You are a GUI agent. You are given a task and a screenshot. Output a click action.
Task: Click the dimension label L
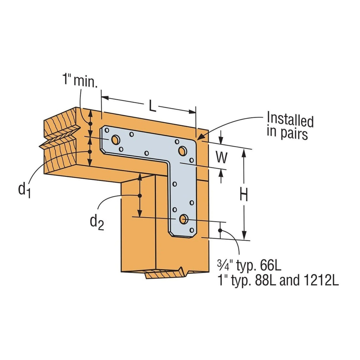click(152, 107)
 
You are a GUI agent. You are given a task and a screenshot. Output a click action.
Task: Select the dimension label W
click(221, 158)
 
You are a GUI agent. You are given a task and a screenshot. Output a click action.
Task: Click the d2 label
click(97, 222)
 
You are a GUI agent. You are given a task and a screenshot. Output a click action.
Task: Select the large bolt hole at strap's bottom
click(183, 219)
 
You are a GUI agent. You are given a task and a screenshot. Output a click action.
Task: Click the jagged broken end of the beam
click(59, 139)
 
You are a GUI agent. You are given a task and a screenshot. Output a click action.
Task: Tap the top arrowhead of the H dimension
click(244, 152)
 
